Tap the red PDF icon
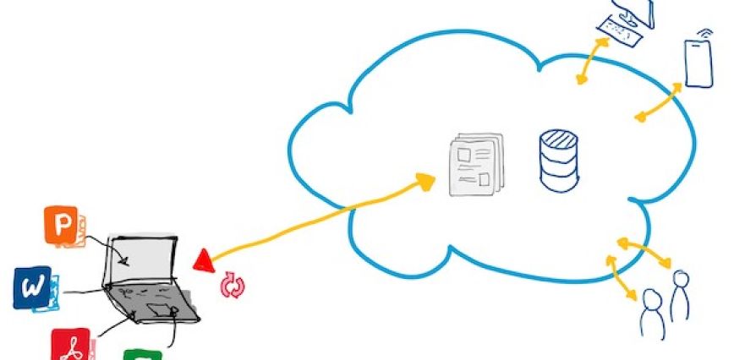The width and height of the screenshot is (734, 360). point(70,345)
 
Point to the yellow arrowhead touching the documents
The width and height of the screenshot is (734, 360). point(424,180)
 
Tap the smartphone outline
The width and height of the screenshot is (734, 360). point(698,63)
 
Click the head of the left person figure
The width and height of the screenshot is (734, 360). point(651,297)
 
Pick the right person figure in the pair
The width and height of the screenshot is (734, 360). point(678,296)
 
